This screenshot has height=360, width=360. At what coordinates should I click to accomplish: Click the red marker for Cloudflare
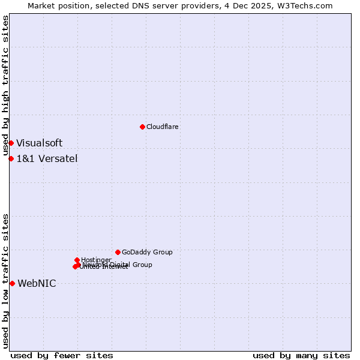click(142, 127)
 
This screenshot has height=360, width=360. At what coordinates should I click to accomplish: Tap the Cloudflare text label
click(162, 127)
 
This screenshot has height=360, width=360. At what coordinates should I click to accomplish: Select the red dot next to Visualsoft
click(11, 143)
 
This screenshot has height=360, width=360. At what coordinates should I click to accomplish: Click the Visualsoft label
click(39, 143)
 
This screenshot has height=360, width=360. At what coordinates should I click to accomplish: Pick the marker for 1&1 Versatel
click(11, 158)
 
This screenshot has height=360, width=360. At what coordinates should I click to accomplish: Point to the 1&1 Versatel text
click(47, 158)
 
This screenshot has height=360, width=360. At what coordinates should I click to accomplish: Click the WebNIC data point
click(12, 283)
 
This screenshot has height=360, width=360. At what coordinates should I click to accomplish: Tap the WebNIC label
click(37, 283)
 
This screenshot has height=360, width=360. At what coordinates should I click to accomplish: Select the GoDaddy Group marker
click(118, 252)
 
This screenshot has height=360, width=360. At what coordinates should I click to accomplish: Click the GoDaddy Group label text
click(147, 252)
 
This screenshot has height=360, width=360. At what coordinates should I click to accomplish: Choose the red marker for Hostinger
click(77, 260)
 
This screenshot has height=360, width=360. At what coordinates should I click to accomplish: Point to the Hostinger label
click(97, 260)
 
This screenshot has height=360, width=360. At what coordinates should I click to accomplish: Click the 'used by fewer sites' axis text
click(62, 355)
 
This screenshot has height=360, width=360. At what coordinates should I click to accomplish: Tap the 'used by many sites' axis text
click(301, 355)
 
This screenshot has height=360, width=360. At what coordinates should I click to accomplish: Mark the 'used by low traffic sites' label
click(6, 281)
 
